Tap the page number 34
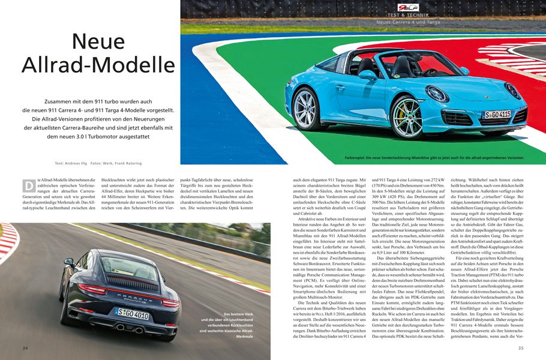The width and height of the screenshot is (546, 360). coord(25,348)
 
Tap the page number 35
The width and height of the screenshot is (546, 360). coord(521,348)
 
